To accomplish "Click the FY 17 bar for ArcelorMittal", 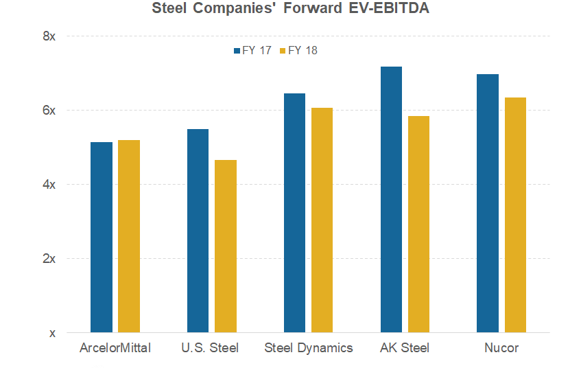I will click(101, 237).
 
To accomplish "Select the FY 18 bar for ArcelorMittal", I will click(129, 236).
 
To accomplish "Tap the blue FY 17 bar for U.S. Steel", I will click(198, 231).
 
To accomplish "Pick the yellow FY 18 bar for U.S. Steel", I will click(226, 246).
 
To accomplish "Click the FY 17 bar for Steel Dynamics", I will click(294, 213).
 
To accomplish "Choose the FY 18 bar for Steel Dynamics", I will click(322, 220).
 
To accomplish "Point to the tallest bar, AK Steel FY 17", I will click(391, 199).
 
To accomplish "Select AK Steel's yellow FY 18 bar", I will click(418, 224).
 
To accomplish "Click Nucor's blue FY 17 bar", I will click(488, 203).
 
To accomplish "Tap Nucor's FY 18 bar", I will click(515, 215).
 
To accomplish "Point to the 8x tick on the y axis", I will click(49, 36).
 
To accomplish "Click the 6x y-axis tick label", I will click(49, 110).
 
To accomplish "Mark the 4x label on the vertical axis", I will click(49, 184).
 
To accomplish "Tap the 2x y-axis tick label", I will click(49, 258).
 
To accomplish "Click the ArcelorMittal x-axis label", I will click(115, 348).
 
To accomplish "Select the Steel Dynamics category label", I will click(309, 348).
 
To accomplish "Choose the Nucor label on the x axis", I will click(501, 348).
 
